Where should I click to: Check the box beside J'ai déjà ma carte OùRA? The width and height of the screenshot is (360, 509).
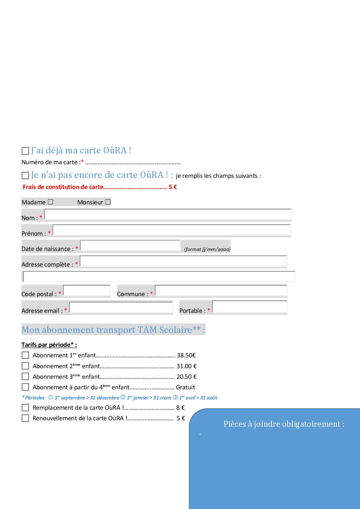point(25,151)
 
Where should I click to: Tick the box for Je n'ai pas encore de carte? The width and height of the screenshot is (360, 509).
point(25,175)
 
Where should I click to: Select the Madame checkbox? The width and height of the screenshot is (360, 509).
point(50,202)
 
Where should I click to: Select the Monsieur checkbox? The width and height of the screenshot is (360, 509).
point(108,202)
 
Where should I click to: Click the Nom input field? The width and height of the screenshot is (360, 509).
point(167,215)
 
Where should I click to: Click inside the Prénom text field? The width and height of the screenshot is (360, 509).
point(171,230)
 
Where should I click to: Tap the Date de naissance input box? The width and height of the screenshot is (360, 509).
point(130,245)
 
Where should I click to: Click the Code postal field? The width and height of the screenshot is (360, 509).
point(87,291)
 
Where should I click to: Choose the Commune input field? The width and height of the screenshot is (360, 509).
point(221,291)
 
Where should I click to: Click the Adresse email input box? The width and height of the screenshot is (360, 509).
point(121,307)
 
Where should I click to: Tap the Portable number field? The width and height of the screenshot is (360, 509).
point(249,307)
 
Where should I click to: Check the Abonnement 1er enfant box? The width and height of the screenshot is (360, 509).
point(25,355)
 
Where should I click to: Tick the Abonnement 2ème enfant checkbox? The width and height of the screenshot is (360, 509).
point(25,366)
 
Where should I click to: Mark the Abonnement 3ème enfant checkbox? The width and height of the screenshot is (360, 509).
point(25,376)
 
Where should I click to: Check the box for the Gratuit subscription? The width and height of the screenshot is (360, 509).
point(25,387)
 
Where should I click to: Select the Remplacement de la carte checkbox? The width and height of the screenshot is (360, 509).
point(25,407)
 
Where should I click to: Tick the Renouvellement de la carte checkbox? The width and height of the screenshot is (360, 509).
point(25,418)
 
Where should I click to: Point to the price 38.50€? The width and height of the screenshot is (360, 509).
point(186,355)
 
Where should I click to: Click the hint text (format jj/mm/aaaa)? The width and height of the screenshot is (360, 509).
point(207,249)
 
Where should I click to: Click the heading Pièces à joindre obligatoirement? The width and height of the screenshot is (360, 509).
point(284,424)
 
